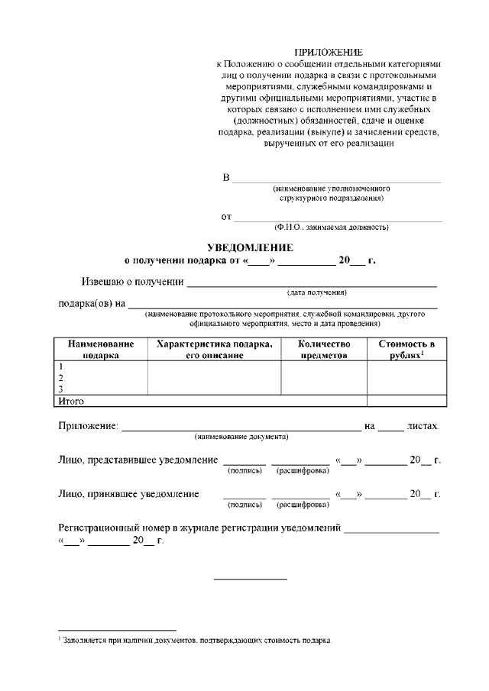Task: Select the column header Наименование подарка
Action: point(100,349)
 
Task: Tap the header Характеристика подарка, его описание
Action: point(214,349)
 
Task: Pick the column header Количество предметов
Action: point(324,349)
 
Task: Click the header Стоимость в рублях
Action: point(406,349)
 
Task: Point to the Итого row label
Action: point(71,401)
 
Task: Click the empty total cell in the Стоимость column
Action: point(406,401)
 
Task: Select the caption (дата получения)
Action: point(317,292)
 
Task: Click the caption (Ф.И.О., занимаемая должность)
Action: point(332,228)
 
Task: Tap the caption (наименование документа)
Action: point(241,437)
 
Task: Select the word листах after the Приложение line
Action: point(423,425)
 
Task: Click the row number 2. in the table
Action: point(62,377)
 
